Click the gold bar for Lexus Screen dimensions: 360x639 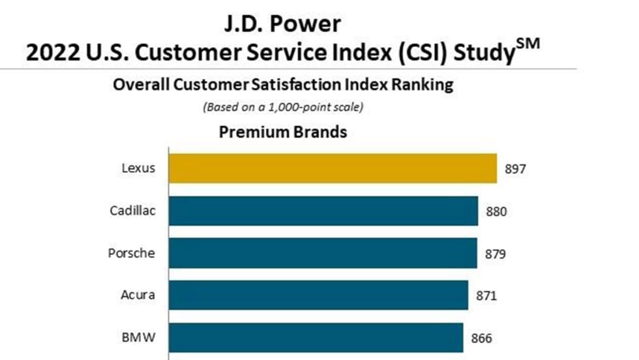pos(333,168)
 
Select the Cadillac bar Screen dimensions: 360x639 pos(323,211)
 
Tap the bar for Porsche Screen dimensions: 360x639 pos(323,252)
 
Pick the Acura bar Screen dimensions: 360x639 pos(318,295)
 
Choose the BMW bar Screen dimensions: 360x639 pos(316,338)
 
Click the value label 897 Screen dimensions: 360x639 pos(514,169)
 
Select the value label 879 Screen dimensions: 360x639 pos(495,253)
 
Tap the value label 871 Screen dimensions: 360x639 pos(486,295)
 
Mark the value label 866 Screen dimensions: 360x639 pos(481,338)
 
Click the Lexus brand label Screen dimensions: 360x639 pos(139,168)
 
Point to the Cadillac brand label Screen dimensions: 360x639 pos(132,211)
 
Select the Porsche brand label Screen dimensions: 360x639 pos(132,252)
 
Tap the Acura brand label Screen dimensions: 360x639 pos(138,295)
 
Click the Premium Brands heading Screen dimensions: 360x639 pos(282,132)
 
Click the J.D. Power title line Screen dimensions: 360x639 pos(282,24)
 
